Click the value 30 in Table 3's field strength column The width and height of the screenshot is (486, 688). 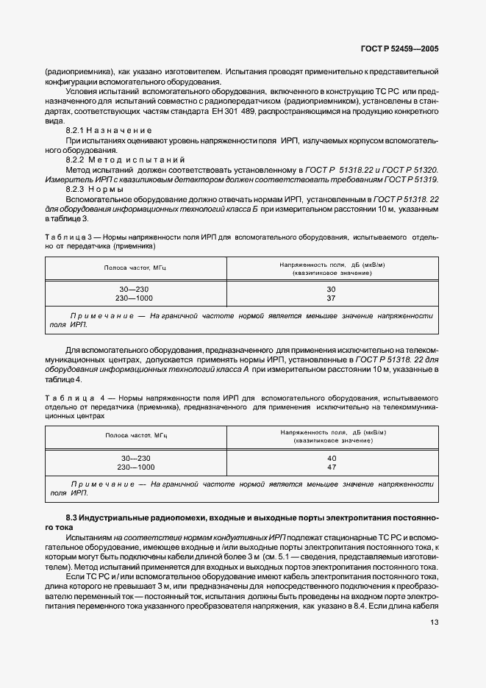click(331, 290)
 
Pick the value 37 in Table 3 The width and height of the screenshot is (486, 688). click(331, 298)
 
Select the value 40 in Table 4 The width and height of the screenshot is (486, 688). click(331, 458)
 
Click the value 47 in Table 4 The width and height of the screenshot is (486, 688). click(331, 467)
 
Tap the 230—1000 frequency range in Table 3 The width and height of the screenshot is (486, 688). click(136, 298)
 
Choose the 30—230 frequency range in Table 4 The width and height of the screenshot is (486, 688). click(136, 458)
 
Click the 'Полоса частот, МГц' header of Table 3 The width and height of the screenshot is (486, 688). click(136, 268)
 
